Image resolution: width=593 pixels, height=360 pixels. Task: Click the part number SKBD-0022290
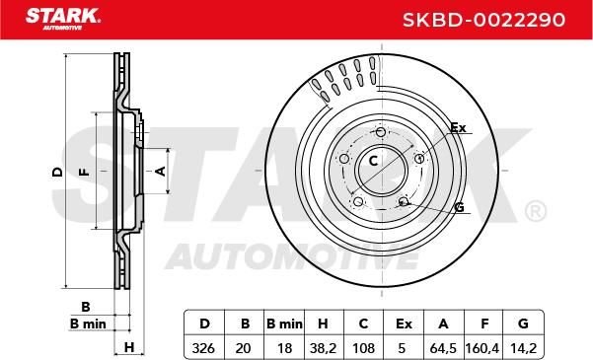[x=483, y=20]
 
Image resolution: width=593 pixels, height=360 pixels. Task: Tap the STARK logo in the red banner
[x=63, y=19]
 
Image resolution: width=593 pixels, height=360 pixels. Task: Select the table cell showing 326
[x=203, y=347]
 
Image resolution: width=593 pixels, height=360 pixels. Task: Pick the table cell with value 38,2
[x=323, y=347]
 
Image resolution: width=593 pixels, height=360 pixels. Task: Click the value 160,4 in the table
[x=482, y=347]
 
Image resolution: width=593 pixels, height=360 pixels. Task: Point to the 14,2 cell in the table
[x=523, y=347]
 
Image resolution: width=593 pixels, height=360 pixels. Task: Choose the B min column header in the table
[x=284, y=324]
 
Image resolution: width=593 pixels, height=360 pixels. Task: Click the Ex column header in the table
[x=404, y=324]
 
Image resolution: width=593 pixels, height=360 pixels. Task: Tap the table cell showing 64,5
[x=443, y=347]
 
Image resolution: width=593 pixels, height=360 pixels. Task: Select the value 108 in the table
[x=363, y=347]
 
